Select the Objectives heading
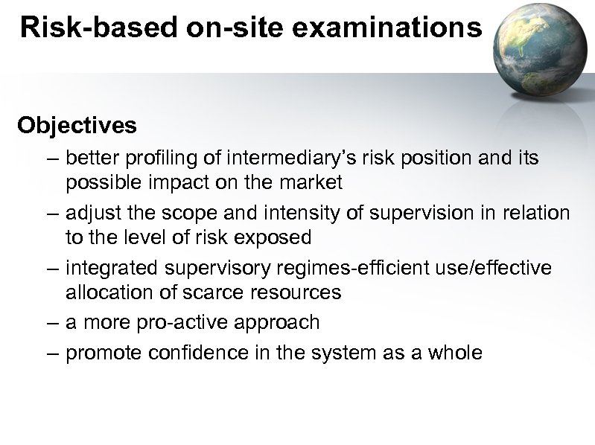(x=77, y=125)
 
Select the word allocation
(x=108, y=292)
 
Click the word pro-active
(x=192, y=323)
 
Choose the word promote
(x=104, y=352)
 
